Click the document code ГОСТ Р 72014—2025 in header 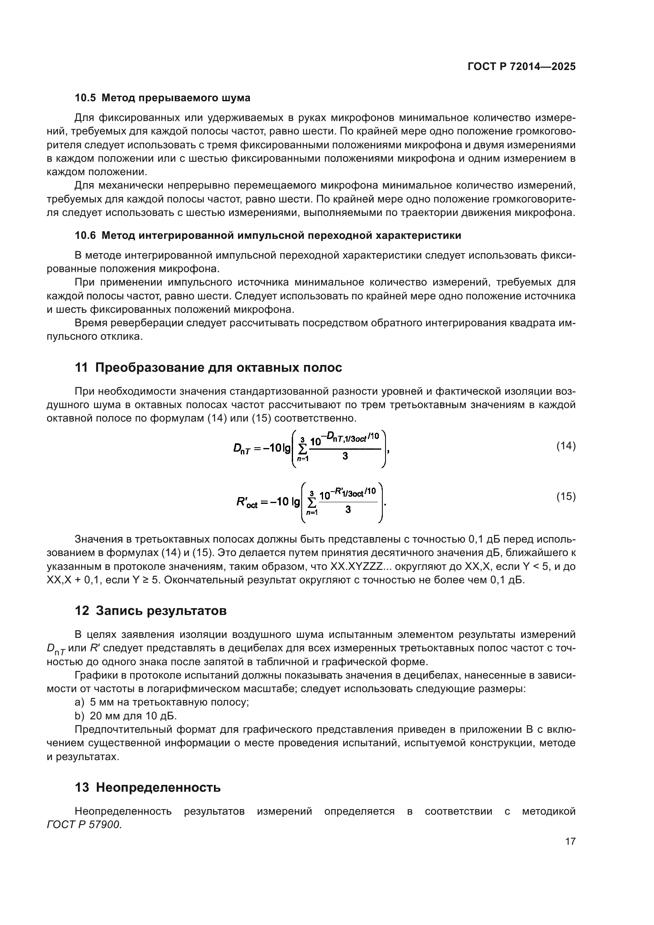click(522, 67)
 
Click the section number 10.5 click(85, 98)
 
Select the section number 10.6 click(85, 236)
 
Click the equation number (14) click(566, 446)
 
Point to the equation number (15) click(566, 497)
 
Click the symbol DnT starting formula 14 click(242, 449)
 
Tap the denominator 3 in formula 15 click(348, 510)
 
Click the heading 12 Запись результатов click(151, 611)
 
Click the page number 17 click(570, 841)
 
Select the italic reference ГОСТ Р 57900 click(84, 825)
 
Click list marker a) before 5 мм click(79, 702)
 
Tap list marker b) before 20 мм click(79, 716)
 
